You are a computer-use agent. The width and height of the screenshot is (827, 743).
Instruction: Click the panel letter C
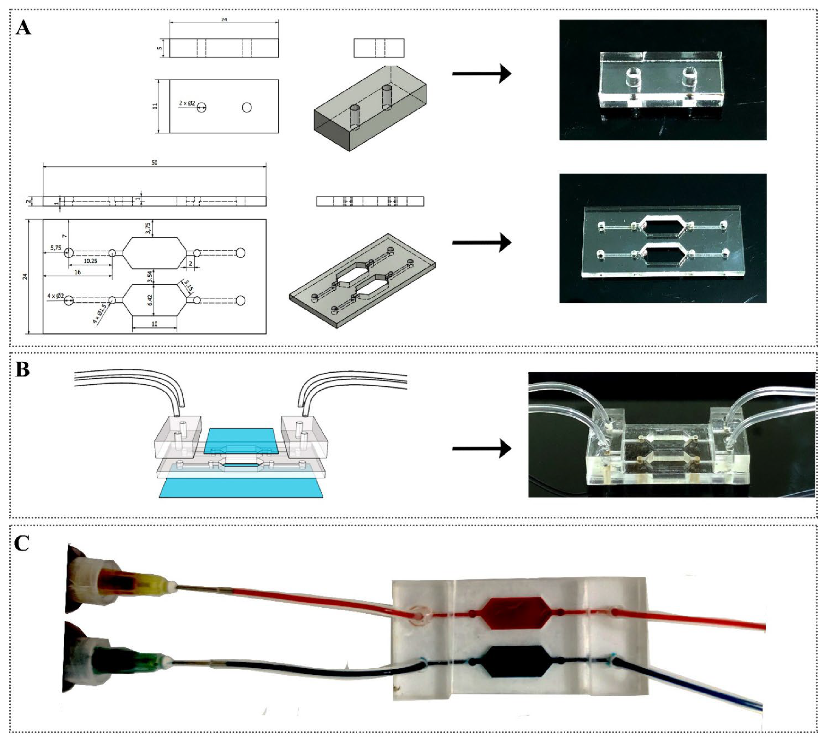point(22,543)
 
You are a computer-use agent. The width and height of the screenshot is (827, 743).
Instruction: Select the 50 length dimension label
point(154,162)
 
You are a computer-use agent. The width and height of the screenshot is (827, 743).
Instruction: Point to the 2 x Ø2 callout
point(186,103)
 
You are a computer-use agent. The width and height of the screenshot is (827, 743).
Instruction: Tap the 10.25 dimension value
point(90,261)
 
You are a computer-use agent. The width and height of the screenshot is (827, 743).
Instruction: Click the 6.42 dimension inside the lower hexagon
point(150,300)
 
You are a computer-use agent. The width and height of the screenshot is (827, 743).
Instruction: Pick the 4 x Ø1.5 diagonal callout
point(100,314)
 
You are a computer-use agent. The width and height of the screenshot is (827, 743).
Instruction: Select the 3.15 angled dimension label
point(188,285)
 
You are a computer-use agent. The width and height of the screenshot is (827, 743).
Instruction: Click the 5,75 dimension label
point(56,248)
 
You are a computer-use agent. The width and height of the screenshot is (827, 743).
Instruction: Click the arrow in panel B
point(482,449)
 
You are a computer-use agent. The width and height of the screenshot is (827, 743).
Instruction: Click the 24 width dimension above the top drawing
point(224,19)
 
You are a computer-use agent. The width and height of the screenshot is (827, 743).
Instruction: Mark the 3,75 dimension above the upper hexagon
point(148,228)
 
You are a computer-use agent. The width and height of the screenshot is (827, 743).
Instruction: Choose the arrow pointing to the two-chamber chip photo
point(482,243)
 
